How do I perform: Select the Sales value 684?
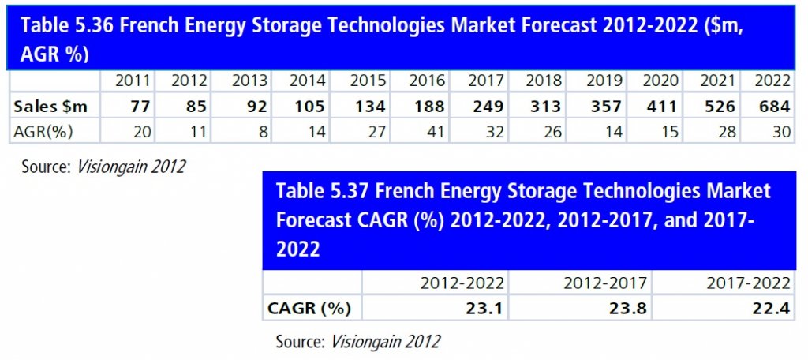click(x=773, y=106)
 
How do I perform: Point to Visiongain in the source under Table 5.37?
click(x=363, y=342)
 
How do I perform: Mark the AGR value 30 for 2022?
click(x=780, y=131)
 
